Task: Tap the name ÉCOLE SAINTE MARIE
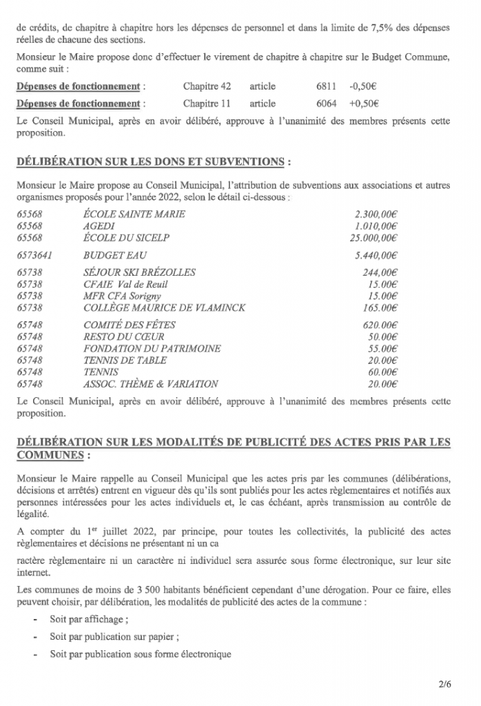pyautogui.click(x=134, y=214)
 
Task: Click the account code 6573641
pyautogui.click(x=35, y=255)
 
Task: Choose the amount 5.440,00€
pyautogui.click(x=376, y=255)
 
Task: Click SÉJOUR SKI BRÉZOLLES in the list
pyautogui.click(x=139, y=272)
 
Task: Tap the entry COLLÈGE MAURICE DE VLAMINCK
pyautogui.click(x=164, y=307)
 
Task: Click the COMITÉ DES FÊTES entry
pyautogui.click(x=130, y=325)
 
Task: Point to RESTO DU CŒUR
pyautogui.click(x=123, y=336)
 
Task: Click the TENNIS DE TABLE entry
pyautogui.click(x=124, y=360)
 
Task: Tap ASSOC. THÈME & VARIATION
pyautogui.click(x=150, y=383)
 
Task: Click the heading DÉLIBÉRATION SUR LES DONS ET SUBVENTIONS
pyautogui.click(x=152, y=162)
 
